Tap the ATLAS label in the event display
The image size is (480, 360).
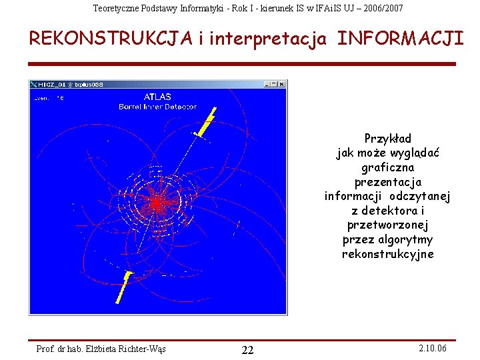tap(157, 97)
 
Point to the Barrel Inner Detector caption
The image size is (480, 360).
tap(157, 106)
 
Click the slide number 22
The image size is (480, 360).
tap(247, 351)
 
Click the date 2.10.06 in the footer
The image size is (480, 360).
tap(433, 349)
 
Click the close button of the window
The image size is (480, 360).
tap(282, 84)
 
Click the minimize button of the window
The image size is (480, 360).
tap(267, 84)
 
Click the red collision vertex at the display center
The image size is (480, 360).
tap(157, 203)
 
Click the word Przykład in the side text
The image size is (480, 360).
tap(387, 139)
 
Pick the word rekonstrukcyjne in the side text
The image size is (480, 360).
tap(387, 254)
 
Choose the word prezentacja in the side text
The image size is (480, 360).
tap(387, 181)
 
